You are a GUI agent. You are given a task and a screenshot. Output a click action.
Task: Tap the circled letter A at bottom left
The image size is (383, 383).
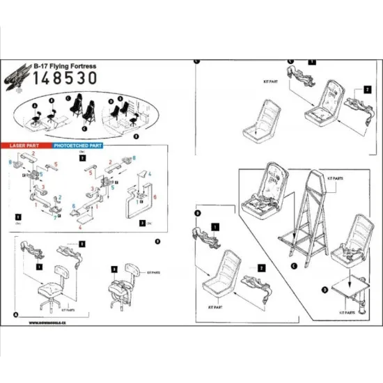coord(15,314)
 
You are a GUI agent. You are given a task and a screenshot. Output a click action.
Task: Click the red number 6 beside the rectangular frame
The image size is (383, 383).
coord(155,196)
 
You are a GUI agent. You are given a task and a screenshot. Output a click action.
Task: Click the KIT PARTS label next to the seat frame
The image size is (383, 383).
coord(334,178)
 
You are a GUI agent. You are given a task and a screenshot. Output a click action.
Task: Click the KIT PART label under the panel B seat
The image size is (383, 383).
coord(212,305)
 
